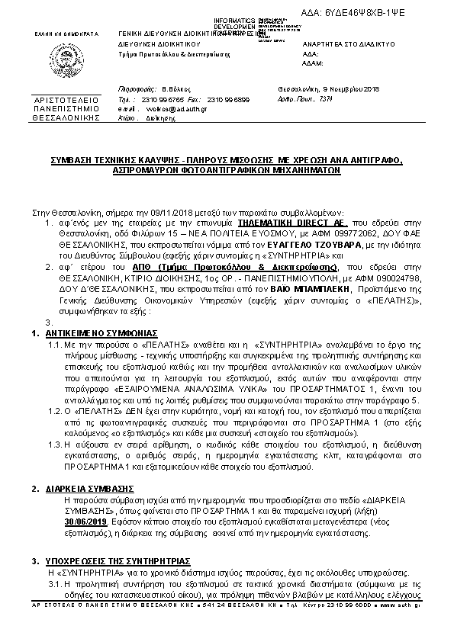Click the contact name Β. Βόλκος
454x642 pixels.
click(175, 89)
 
